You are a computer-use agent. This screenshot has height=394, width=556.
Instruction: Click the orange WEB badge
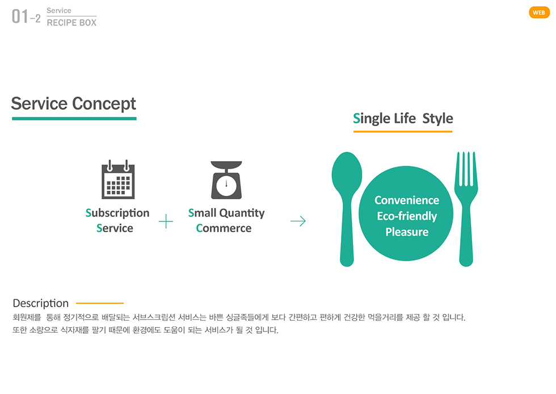point(539,12)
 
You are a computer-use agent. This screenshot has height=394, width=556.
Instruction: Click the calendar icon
point(118,179)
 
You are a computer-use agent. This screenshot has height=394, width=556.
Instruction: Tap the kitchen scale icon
point(226,180)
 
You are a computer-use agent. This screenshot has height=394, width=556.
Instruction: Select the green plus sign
point(166,221)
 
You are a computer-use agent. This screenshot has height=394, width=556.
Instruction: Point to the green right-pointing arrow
point(298,221)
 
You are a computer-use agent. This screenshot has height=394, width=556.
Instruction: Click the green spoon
point(347,209)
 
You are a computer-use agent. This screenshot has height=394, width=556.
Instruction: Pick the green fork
point(466,209)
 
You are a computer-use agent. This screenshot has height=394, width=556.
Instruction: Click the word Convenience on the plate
point(407,200)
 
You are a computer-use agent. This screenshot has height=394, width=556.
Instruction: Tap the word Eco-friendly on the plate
point(407,216)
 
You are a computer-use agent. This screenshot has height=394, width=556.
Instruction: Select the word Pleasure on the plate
point(407,232)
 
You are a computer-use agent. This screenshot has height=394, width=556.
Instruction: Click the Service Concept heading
point(73,104)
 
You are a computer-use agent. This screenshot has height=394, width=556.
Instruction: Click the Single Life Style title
point(403,119)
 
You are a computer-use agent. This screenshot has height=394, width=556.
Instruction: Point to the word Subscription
point(117,213)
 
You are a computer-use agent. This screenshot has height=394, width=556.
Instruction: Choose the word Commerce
point(224,228)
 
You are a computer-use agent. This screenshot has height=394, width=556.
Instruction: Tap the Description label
point(40,303)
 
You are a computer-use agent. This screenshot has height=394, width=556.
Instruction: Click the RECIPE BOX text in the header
point(71,23)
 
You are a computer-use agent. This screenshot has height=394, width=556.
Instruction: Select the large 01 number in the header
point(20,16)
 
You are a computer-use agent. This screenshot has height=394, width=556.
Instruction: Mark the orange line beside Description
point(100,303)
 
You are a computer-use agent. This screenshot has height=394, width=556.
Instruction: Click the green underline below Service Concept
point(74,119)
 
